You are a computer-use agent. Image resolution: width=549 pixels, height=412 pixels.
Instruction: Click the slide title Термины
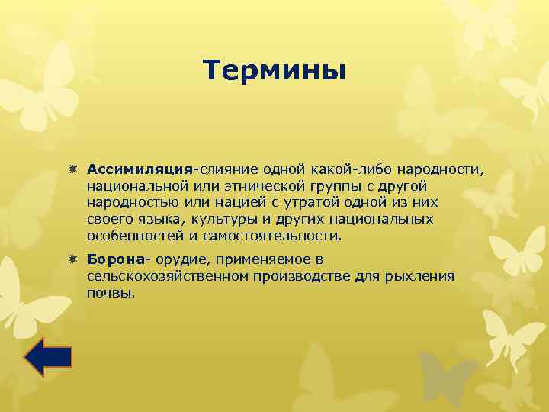[274, 71]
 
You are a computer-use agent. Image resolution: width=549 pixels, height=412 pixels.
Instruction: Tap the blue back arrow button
[47, 356]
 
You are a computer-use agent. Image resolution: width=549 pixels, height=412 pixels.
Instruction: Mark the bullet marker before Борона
[74, 261]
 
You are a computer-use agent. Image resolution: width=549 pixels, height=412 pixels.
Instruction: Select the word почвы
[111, 293]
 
